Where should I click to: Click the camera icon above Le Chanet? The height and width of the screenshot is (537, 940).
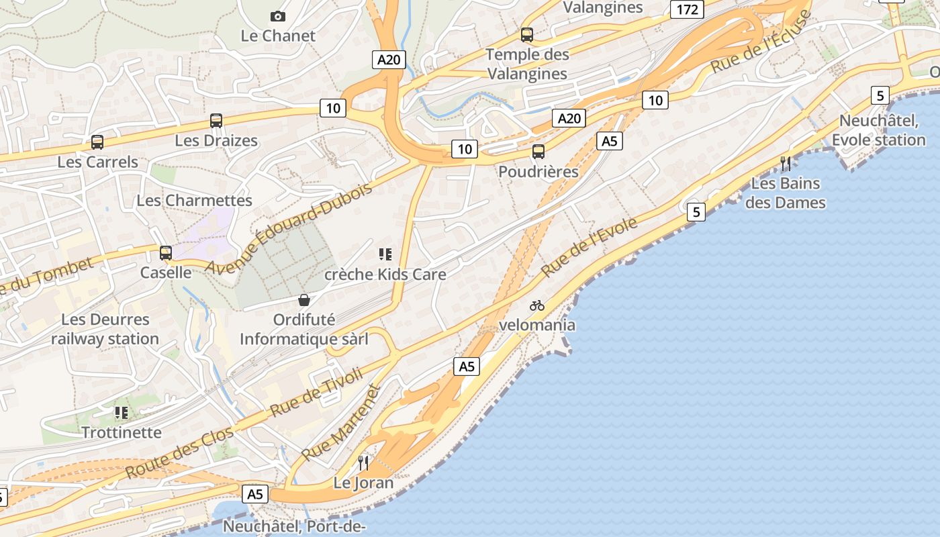coord(277,16)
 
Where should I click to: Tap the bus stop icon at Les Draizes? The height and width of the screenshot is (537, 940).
coord(216,121)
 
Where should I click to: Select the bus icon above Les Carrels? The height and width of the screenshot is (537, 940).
coord(97,142)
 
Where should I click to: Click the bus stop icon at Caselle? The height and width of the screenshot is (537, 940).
coord(165,253)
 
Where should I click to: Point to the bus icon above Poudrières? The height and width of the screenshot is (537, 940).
coord(538,152)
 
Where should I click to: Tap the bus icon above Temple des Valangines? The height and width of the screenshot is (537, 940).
coord(527,35)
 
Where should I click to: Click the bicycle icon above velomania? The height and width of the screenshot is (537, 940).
coord(537,305)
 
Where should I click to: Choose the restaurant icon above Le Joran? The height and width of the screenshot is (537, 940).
coord(363,462)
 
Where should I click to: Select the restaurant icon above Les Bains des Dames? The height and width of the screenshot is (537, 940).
coord(785,163)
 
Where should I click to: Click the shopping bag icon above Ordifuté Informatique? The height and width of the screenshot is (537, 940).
coord(304,300)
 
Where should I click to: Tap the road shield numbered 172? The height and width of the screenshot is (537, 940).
coord(687,9)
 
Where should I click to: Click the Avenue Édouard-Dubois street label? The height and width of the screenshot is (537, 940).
coord(289,228)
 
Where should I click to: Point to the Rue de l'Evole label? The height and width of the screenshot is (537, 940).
coord(590,247)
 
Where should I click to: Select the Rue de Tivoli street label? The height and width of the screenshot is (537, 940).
coord(316,393)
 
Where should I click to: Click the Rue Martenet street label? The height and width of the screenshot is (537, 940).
coord(341,423)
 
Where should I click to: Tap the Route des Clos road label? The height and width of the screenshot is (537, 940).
coord(179,453)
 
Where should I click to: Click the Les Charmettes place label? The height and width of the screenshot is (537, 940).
coord(195,200)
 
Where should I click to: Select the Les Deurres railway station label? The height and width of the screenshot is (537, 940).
coord(105,329)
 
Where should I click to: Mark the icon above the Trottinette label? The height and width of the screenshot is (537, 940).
coord(121,412)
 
